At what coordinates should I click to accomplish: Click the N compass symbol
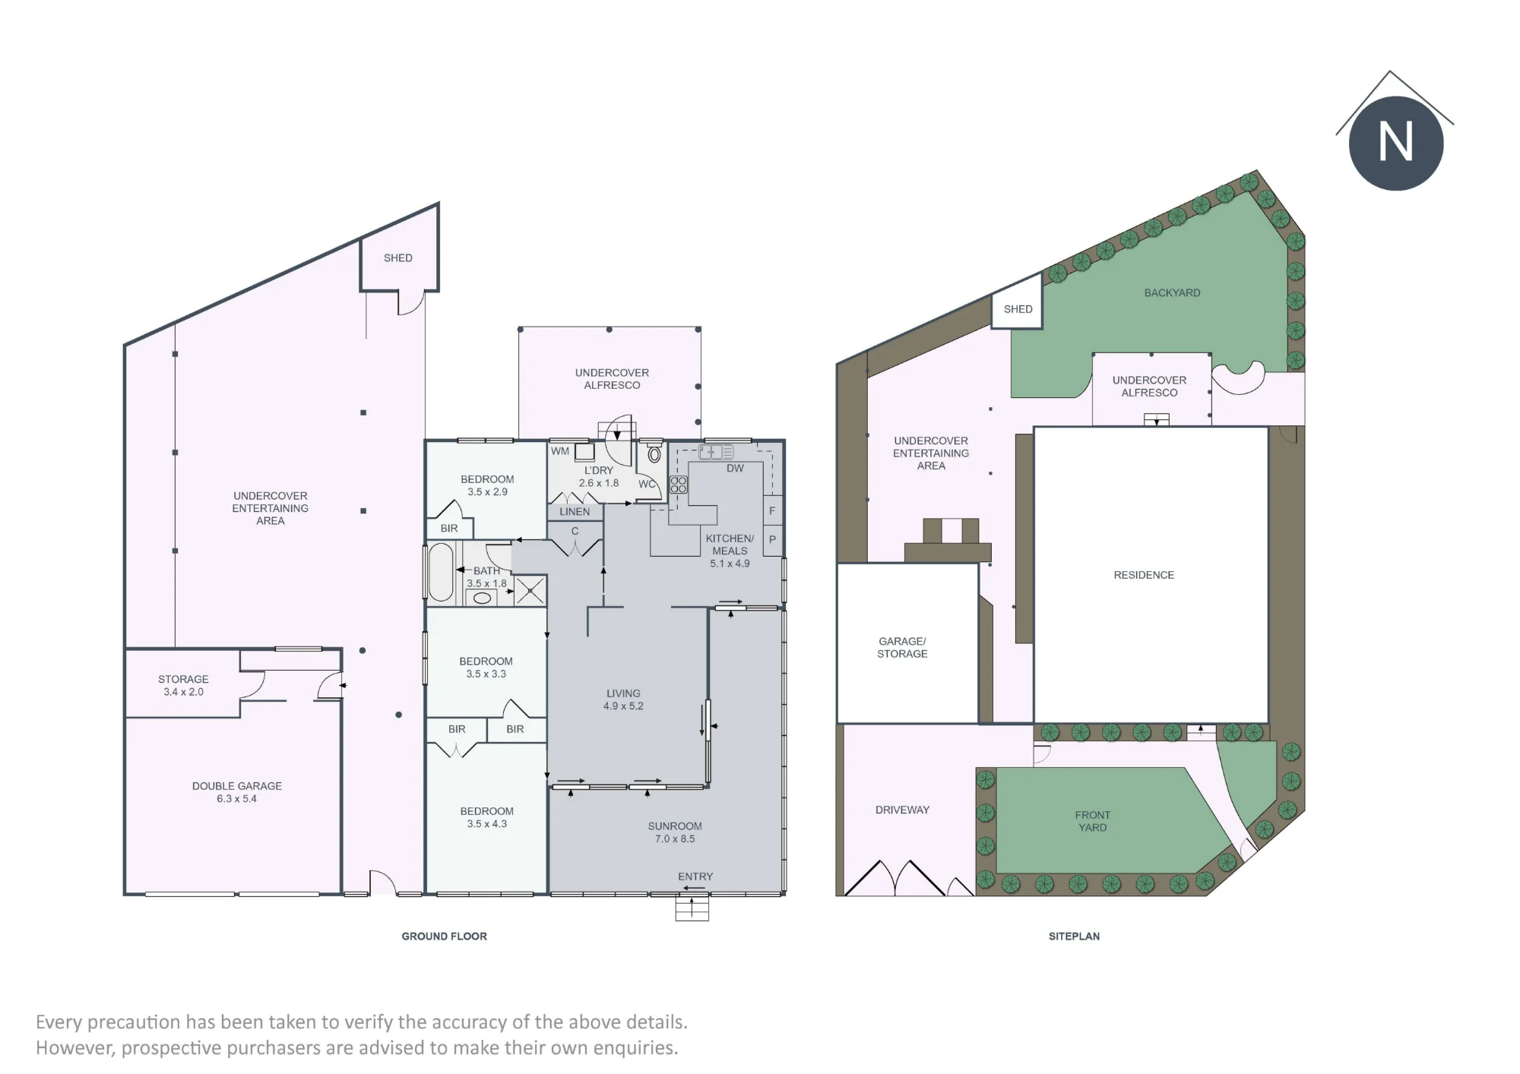point(1395,143)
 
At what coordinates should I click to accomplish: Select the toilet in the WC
point(654,454)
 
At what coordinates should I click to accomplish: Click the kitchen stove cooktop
point(679,485)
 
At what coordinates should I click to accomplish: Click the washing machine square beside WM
point(584,452)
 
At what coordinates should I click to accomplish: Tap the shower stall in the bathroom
point(530,590)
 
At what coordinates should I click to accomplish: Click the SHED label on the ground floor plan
point(398,258)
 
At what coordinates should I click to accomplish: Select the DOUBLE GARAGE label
point(237,786)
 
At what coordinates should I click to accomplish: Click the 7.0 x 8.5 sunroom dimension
point(675,839)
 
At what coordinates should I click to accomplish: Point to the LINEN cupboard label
point(575,512)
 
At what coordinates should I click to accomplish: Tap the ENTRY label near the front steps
point(695,877)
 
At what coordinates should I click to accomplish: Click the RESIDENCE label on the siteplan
point(1144,575)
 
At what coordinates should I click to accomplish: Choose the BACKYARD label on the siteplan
point(1173,292)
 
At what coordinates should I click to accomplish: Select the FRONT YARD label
point(1093,821)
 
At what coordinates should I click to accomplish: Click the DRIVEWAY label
point(902,810)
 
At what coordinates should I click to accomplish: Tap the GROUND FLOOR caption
point(445,937)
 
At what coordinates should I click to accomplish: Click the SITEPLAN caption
point(1074,937)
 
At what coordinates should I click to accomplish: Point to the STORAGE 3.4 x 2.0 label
point(183,685)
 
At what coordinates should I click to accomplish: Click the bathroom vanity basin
point(482,598)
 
